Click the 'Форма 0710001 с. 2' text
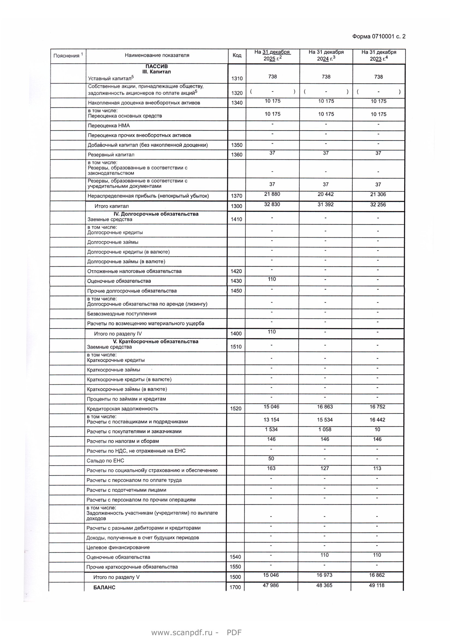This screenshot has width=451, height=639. click(x=378, y=36)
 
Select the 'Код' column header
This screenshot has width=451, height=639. click(x=237, y=55)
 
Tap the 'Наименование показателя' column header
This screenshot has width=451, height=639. click(x=157, y=55)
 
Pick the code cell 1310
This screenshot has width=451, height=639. click(x=237, y=78)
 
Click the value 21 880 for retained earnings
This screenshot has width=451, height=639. click(x=272, y=194)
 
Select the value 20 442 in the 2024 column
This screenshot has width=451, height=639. click(x=325, y=194)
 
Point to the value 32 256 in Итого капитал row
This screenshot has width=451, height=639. click(x=378, y=205)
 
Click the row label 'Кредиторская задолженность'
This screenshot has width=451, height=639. click(x=122, y=408)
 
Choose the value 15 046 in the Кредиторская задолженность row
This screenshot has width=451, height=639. click(x=271, y=407)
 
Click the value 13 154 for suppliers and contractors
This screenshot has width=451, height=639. click(x=271, y=420)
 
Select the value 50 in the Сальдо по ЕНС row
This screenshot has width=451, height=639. click(x=271, y=458)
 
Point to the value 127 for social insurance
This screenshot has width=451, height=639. click(x=325, y=469)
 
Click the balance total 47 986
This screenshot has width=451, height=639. click(x=271, y=585)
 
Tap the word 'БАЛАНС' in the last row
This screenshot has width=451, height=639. click(x=104, y=588)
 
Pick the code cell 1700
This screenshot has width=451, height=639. click(x=235, y=588)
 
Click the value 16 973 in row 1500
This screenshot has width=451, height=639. click(x=324, y=575)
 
